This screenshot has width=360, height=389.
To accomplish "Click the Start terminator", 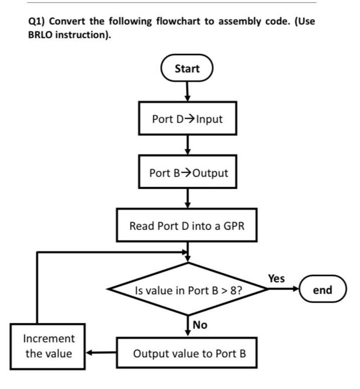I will pos(187,69).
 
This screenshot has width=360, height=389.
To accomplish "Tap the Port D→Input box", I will pos(187,119).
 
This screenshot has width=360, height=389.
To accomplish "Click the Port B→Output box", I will pos(188,172).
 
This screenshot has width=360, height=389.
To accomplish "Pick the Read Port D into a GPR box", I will pos(187,225).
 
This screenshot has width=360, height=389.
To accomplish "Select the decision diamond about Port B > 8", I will pos(188,289).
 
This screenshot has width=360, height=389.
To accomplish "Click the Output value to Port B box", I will pos(187,353).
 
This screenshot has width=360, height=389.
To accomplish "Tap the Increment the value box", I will pos(48,346).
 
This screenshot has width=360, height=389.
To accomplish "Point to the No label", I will pos(200,325).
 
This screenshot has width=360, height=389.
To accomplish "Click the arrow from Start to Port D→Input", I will pos(187,92).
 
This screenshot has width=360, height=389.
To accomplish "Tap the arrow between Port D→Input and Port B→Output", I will pos(187,145).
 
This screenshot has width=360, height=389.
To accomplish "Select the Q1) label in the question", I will pos(37,22).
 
